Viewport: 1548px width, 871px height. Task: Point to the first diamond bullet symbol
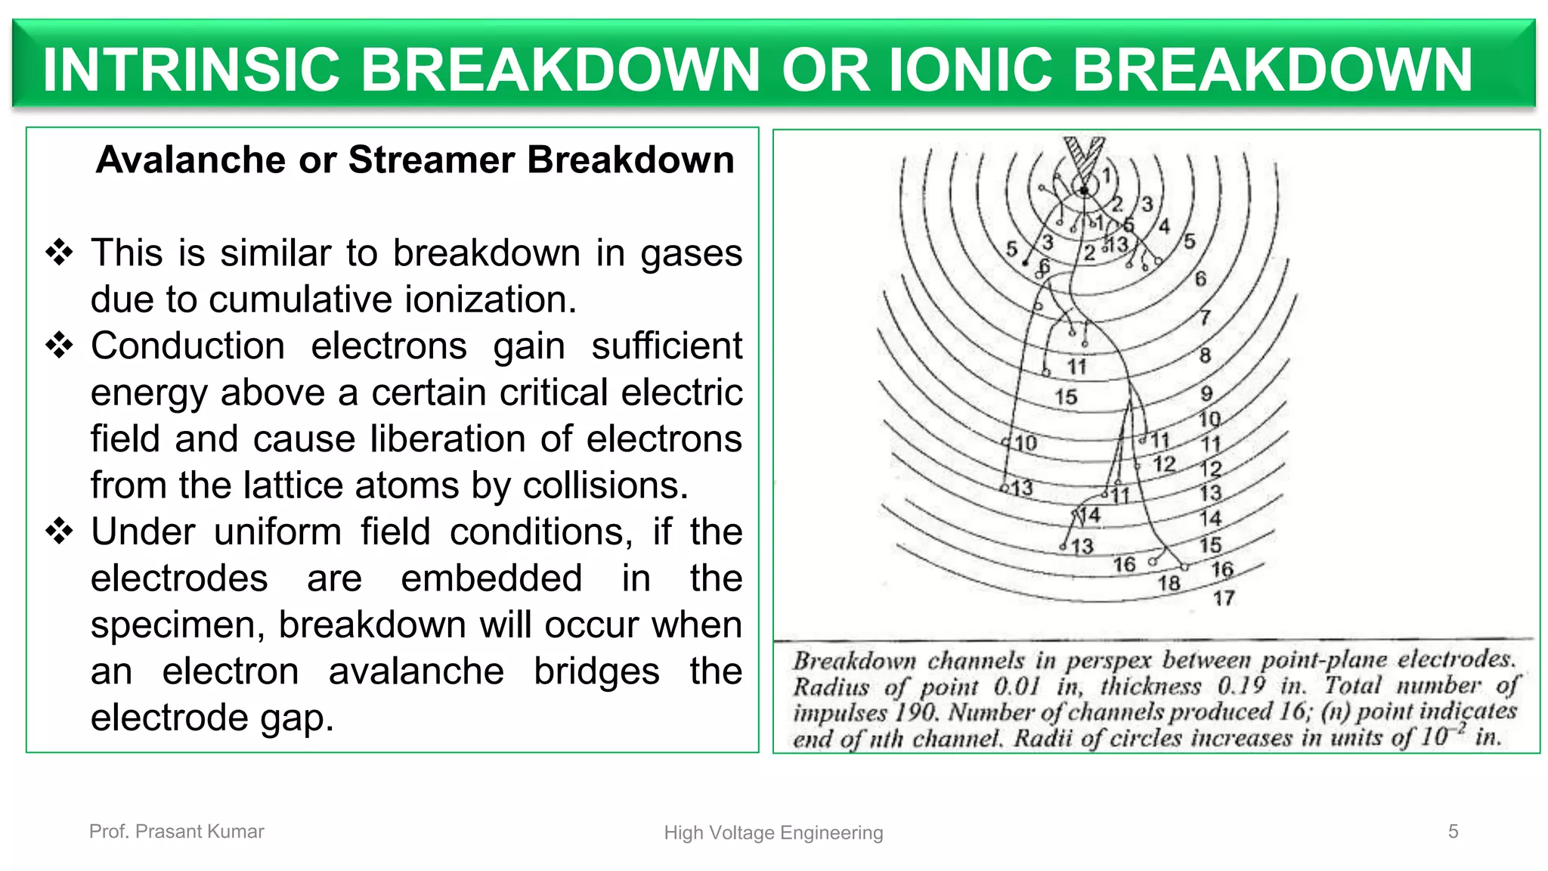click(59, 253)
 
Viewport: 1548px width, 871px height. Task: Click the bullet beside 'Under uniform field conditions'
click(59, 532)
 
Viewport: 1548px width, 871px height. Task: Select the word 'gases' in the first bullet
click(691, 254)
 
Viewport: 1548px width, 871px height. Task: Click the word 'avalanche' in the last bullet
click(416, 671)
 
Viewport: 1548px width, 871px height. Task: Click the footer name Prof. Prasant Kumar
click(176, 832)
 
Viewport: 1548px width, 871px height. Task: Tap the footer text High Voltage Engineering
click(773, 832)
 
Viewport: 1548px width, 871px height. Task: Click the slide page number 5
click(1453, 831)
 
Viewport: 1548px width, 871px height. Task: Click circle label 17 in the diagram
click(1224, 599)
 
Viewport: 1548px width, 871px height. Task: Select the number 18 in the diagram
click(1169, 583)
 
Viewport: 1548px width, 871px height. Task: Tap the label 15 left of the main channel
click(1066, 397)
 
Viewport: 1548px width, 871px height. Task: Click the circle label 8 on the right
click(1205, 355)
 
